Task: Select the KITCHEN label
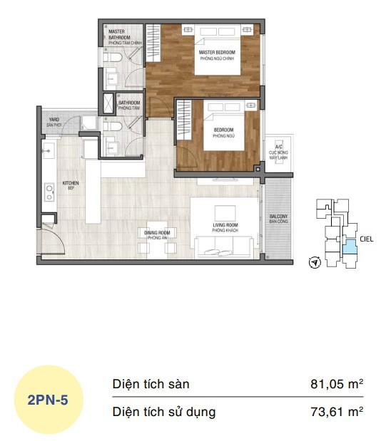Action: pos(71,185)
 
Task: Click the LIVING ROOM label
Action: pos(225,227)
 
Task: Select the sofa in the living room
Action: pos(222,249)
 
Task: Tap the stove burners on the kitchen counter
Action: pos(49,191)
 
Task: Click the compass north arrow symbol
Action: pos(313,263)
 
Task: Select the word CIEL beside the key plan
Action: pos(367,240)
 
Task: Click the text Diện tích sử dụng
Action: pos(163,411)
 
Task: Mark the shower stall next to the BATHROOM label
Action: pos(108,103)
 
